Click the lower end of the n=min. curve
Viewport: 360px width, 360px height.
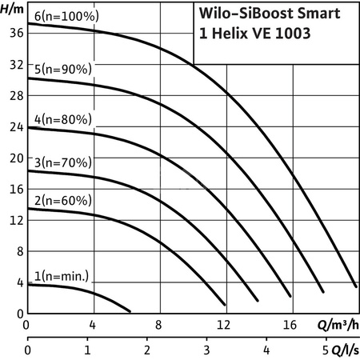tap(129, 310)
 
